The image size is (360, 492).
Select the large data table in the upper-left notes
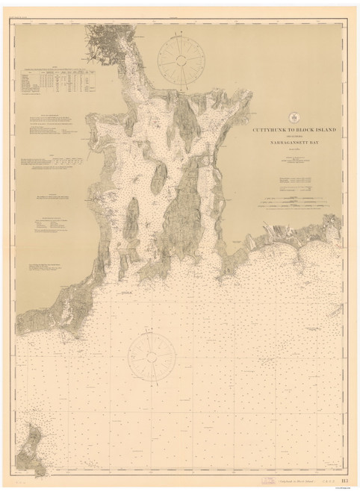(63, 78)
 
